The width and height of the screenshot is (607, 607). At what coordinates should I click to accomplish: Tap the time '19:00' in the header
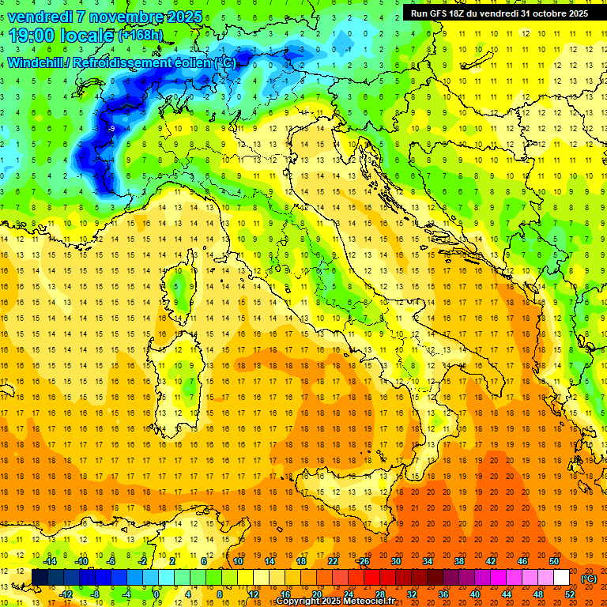36,36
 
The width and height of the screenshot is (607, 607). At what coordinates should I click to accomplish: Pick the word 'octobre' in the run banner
550,13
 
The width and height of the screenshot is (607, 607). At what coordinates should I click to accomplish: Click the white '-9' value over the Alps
112,128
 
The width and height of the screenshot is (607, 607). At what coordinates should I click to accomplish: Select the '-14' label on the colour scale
49,561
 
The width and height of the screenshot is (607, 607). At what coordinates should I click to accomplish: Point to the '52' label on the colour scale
570,594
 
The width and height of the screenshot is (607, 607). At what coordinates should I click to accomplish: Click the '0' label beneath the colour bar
156,594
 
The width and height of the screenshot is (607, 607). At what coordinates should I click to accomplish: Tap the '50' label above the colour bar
554,561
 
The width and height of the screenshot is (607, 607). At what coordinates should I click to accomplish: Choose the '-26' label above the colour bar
364,561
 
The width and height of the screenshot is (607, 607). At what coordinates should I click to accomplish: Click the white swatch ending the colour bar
562,578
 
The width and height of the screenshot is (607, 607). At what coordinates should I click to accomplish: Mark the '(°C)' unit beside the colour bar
589,579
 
